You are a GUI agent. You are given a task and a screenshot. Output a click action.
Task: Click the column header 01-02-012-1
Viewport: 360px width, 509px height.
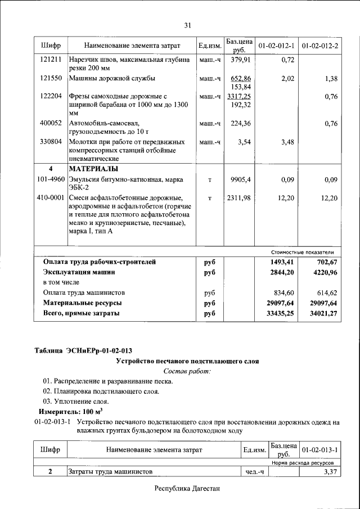click(x=276, y=45)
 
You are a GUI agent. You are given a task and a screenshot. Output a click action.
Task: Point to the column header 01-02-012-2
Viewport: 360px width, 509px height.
click(x=320, y=45)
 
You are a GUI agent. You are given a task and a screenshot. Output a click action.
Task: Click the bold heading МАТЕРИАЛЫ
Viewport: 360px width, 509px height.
click(x=93, y=169)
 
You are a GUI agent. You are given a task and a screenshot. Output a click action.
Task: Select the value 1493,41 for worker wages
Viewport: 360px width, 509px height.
click(x=281, y=262)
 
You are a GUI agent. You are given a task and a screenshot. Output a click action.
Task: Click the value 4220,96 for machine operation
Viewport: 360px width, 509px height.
click(x=324, y=272)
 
